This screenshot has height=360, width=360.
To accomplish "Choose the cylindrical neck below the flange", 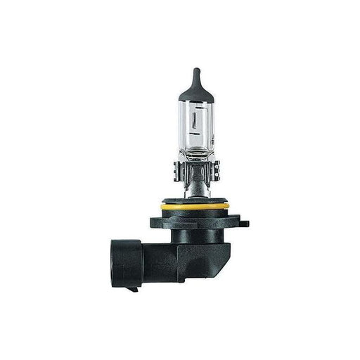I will point(193,239).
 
